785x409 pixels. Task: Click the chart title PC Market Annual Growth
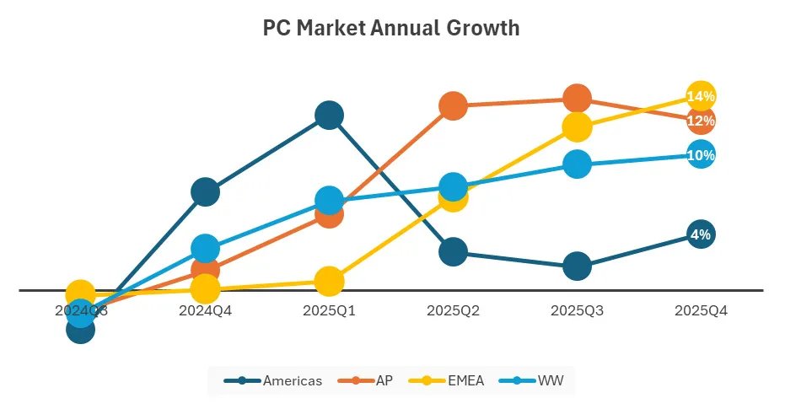[391, 29]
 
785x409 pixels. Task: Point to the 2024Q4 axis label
[205, 310]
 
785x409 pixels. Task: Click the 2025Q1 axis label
[329, 310]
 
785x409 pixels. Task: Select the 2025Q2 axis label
[453, 310]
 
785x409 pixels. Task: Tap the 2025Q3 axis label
[577, 310]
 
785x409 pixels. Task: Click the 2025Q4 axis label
[701, 310]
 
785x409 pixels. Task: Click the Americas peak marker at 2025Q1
[329, 115]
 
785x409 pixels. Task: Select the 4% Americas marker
[701, 234]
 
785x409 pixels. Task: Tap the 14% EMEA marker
[701, 97]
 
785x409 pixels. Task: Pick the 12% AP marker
[701, 121]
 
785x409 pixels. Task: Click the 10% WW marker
[701, 154]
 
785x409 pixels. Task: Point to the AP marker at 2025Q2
[453, 105]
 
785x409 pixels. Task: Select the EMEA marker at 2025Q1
[329, 281]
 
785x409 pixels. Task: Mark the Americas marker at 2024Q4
[205, 192]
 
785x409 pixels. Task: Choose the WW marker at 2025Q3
[577, 164]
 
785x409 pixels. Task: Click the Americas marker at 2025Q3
[577, 266]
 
